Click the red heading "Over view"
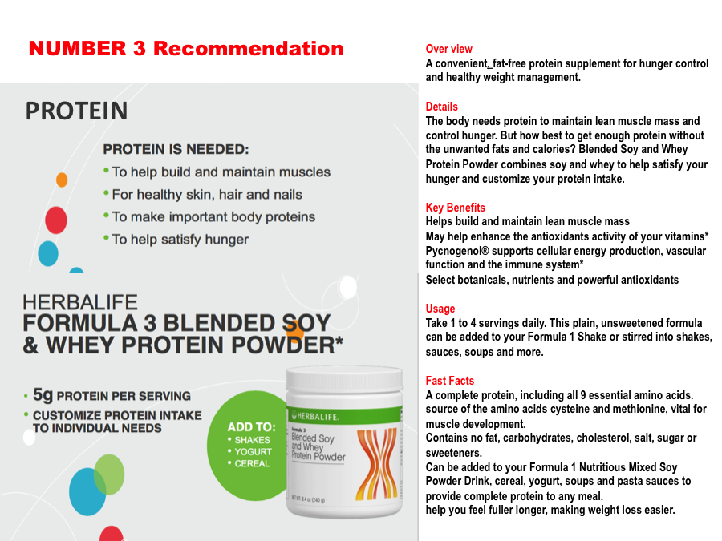tap(448, 49)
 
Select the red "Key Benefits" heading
tap(455, 208)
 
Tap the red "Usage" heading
tap(440, 309)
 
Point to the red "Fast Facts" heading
tap(449, 381)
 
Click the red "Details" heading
tap(441, 107)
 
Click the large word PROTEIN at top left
tap(76, 111)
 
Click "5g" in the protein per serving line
tap(43, 394)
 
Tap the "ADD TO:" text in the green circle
tap(251, 427)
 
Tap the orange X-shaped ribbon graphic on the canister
tap(377, 464)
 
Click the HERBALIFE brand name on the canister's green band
tap(318, 416)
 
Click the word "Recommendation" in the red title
tap(248, 48)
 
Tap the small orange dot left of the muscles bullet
tap(62, 180)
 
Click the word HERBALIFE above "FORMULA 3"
tap(80, 302)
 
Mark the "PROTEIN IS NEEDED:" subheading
tap(176, 150)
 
